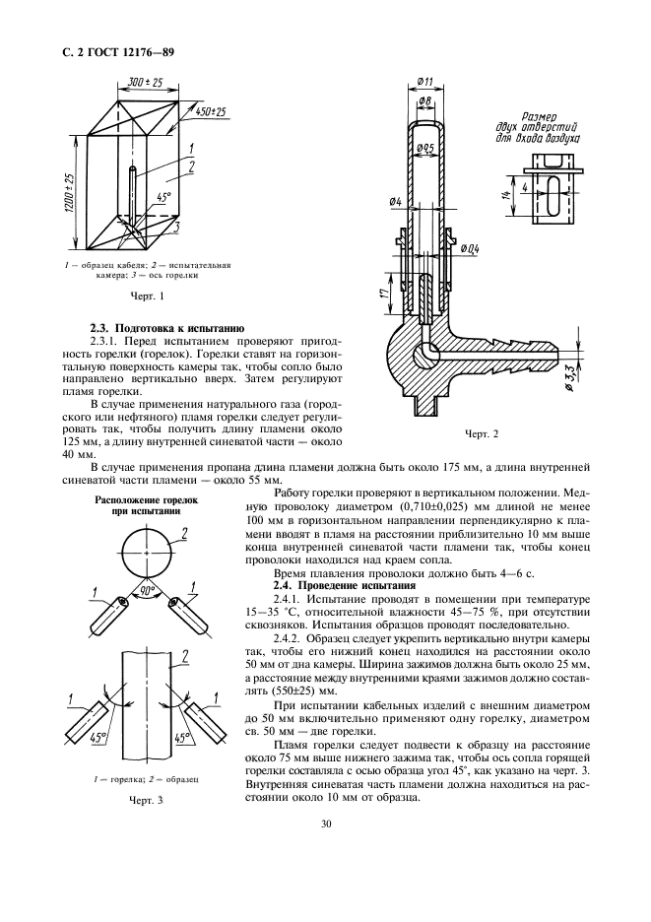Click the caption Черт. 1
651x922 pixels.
[148, 295]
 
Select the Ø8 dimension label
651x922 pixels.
[425, 100]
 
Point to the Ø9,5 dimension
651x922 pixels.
[425, 148]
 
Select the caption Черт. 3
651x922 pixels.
[147, 801]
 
